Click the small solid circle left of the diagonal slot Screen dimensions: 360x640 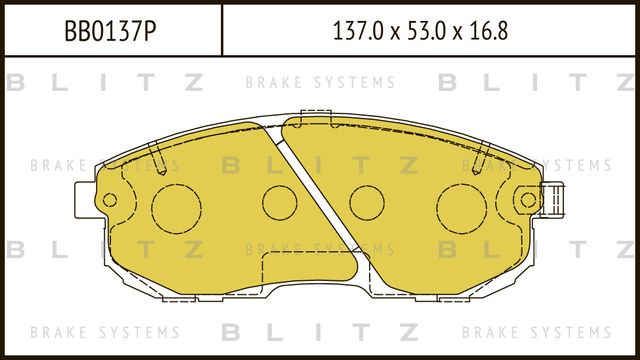point(280,203)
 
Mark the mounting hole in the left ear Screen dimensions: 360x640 point(109,202)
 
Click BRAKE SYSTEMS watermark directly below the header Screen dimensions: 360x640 point(319,83)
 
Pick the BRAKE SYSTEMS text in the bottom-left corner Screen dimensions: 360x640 point(105,332)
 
